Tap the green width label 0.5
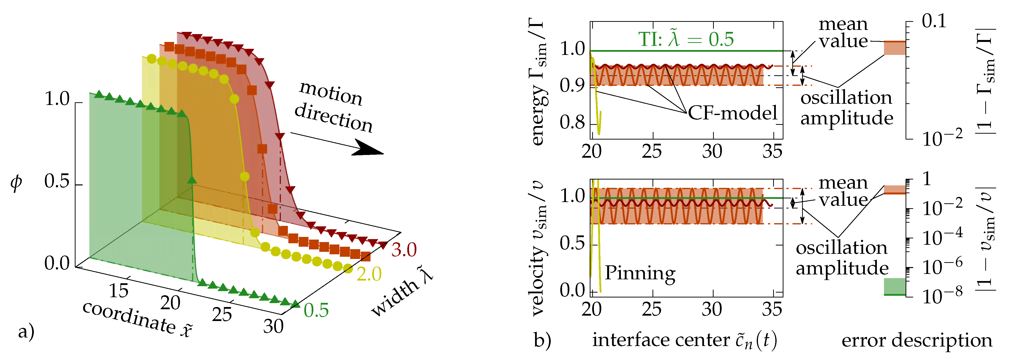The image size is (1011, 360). (316, 310)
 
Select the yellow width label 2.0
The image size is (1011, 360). (369, 274)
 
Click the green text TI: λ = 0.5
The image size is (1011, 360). (686, 39)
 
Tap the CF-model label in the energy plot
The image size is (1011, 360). (732, 113)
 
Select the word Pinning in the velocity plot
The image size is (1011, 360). (640, 273)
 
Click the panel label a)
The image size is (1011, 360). (26, 332)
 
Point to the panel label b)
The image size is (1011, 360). (542, 340)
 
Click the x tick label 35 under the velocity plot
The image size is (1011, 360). (772, 309)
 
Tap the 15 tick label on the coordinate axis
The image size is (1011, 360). (118, 291)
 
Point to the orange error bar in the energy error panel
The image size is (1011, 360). (895, 48)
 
